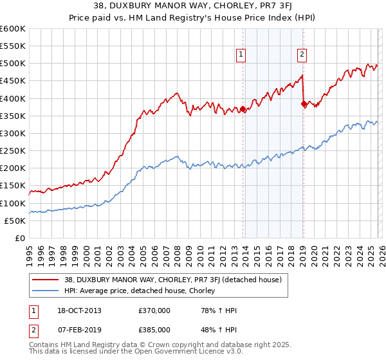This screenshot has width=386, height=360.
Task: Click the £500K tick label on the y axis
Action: tap(13, 64)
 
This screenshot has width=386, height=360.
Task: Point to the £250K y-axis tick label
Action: tap(13, 151)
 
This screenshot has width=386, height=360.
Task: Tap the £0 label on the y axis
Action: tap(19, 238)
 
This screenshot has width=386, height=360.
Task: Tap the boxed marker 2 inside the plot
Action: tap(302, 55)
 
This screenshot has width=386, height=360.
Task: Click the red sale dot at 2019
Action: tap(303, 104)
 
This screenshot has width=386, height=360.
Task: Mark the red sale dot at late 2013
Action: tap(243, 109)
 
